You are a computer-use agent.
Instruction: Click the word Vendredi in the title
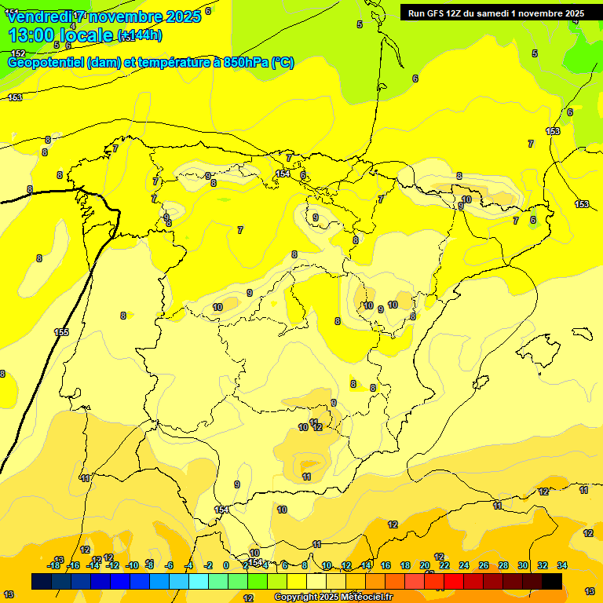coord(39,16)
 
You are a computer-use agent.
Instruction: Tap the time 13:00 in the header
coord(32,35)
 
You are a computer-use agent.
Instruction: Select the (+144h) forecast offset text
coord(139,35)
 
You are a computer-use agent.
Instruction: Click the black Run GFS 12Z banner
coord(495,13)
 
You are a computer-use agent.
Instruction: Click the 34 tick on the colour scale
coord(562,565)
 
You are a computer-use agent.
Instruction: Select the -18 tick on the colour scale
coord(54,565)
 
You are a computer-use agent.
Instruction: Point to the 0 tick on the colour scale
coord(226,565)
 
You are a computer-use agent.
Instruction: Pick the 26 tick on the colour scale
coord(484,565)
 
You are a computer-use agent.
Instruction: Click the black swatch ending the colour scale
coord(552,581)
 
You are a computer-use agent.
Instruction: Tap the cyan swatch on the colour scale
coord(198,581)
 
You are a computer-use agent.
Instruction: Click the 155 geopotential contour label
coord(61,332)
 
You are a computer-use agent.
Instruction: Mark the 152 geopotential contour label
coord(19,53)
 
